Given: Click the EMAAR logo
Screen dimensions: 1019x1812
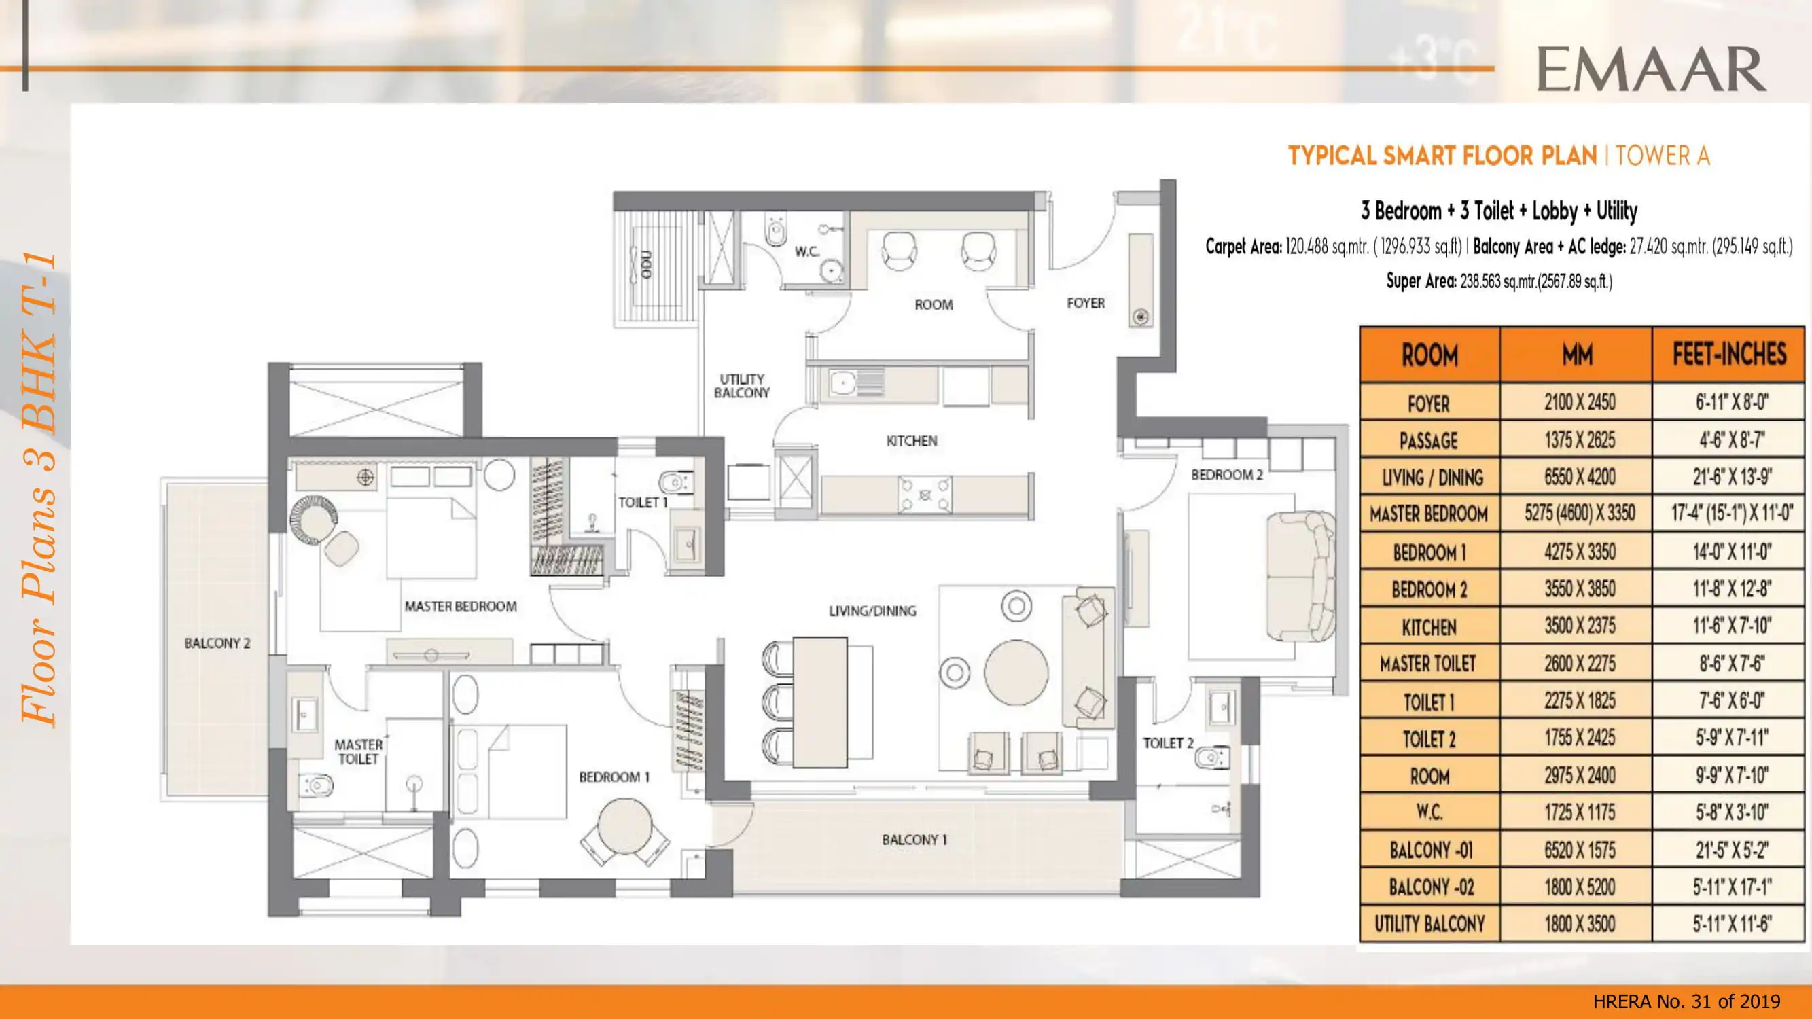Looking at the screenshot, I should [x=1650, y=69].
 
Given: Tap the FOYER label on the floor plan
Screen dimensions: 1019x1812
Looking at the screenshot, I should [x=1086, y=303].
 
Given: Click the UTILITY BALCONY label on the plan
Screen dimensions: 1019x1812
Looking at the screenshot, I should [x=741, y=386].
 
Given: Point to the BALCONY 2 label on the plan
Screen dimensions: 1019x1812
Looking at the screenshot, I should [x=217, y=643].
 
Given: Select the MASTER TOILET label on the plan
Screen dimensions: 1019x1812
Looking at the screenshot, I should [x=358, y=751].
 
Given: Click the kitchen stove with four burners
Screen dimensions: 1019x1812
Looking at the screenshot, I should [x=924, y=495].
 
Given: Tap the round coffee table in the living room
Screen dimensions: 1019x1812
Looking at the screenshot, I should [x=1016, y=672].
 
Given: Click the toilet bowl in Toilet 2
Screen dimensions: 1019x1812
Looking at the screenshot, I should [x=1211, y=757].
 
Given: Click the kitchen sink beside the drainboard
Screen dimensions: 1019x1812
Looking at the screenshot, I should [x=842, y=383].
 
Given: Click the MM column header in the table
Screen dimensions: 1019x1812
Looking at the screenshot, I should [x=1577, y=355].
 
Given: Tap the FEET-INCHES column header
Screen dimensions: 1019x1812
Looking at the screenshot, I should [x=1729, y=355].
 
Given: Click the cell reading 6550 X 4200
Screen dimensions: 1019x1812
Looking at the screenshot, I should [x=1579, y=478].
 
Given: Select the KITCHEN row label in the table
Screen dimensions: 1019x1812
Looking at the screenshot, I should [x=1429, y=626].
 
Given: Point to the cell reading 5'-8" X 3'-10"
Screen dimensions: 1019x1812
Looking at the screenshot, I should [x=1730, y=812].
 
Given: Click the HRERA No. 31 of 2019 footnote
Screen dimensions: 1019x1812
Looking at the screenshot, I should [x=1686, y=1001].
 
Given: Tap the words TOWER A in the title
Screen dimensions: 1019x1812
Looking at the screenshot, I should [x=1662, y=156].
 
